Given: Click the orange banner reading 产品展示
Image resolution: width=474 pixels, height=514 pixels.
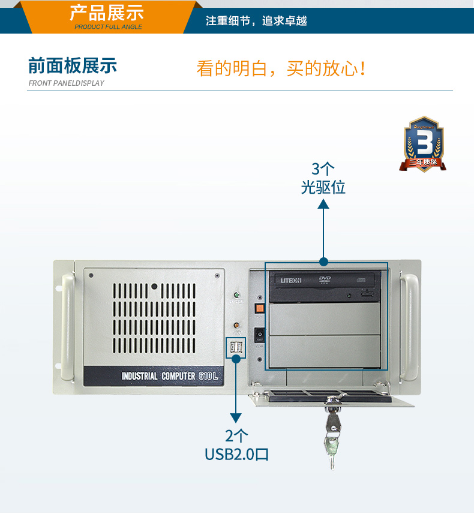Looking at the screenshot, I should coord(108,16).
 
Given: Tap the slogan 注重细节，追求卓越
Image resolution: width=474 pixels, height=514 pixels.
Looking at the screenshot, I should coord(256,21).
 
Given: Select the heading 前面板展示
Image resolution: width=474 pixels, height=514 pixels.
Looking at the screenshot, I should coord(73,65).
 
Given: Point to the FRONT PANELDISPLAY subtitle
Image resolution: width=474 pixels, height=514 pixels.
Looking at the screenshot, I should coord(66,83).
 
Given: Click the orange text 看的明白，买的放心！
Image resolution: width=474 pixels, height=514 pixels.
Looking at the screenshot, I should coord(281,68).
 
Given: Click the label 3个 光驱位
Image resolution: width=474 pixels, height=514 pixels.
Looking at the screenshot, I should coord(323,178).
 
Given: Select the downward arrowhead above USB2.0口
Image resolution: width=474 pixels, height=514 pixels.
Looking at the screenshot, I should coord(236,417).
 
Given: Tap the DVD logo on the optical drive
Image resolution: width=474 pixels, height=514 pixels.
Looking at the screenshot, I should coord(325,279).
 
